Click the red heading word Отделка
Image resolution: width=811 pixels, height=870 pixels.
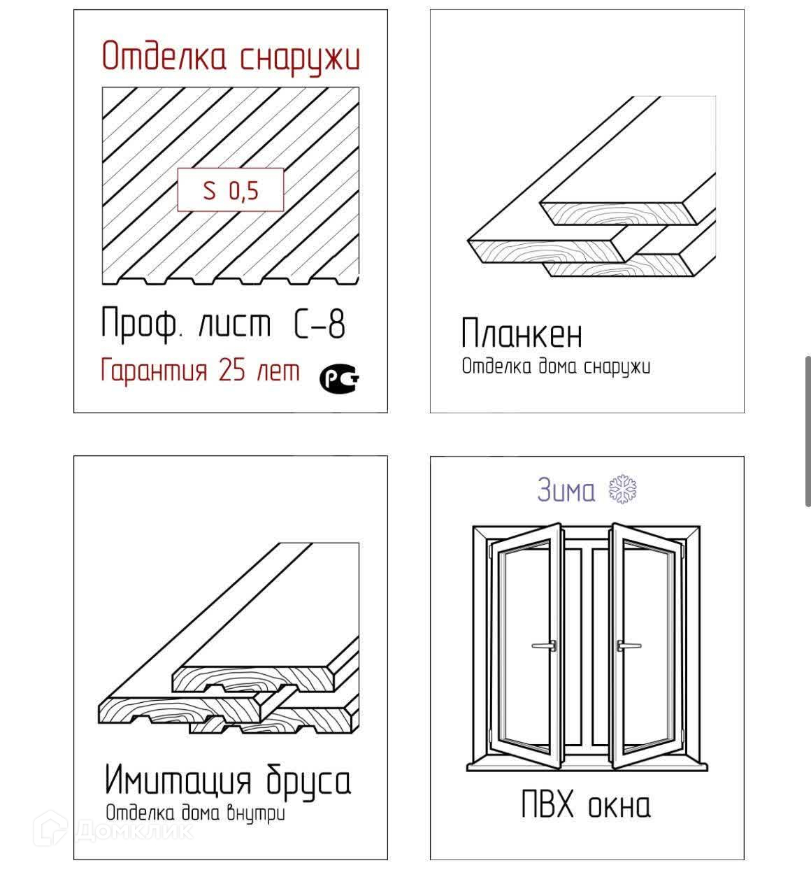pos(164,56)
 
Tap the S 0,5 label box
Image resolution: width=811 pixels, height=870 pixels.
pos(231,190)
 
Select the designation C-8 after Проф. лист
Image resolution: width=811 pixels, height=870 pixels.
pos(319,323)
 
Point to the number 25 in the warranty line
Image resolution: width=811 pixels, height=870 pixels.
pos(232,370)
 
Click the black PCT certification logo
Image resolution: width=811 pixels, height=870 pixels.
pos(339,378)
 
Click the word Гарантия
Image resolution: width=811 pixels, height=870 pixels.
pos(154,371)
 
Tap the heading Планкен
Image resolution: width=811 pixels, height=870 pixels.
pos(522,333)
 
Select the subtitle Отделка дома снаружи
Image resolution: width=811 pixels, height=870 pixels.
pos(556,366)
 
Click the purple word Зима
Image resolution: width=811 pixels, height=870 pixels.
pos(566,490)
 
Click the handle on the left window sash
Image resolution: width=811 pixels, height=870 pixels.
pos(545,646)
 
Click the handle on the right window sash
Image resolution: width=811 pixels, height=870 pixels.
pos(629,646)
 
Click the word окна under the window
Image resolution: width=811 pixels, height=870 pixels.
pos(619,807)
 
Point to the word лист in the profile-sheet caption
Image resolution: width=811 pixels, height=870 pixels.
pos(235,325)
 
